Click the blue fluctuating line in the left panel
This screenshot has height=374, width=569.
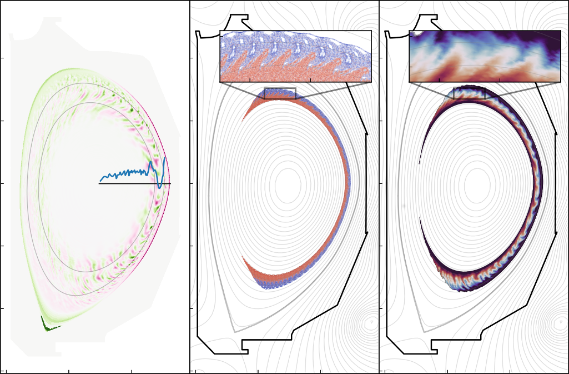128,173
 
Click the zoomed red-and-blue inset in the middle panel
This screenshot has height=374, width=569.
295,57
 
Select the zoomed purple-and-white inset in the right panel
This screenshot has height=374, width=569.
485,57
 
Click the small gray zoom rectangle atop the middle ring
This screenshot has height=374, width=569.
280,93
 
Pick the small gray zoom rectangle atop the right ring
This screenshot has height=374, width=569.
469,93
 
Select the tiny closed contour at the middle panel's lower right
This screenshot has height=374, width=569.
372,322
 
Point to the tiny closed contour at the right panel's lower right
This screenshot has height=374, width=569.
561,322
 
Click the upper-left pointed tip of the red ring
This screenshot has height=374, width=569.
243,119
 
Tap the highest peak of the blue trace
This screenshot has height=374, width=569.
164,158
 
